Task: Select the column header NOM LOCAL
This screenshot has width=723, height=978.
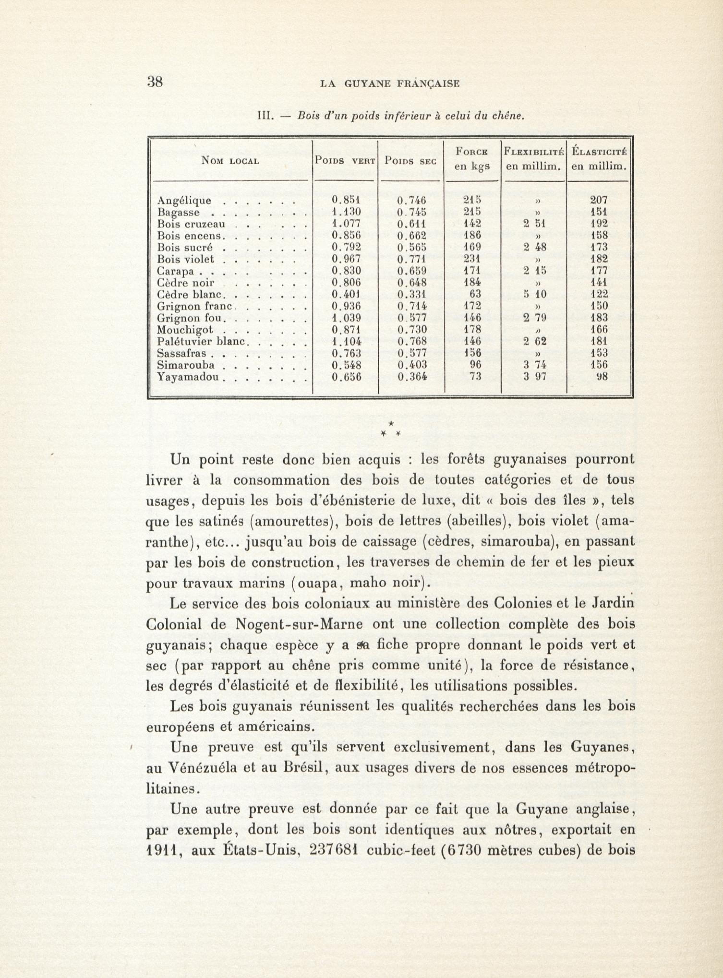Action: click(x=230, y=161)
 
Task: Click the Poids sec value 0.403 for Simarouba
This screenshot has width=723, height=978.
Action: click(x=412, y=365)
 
